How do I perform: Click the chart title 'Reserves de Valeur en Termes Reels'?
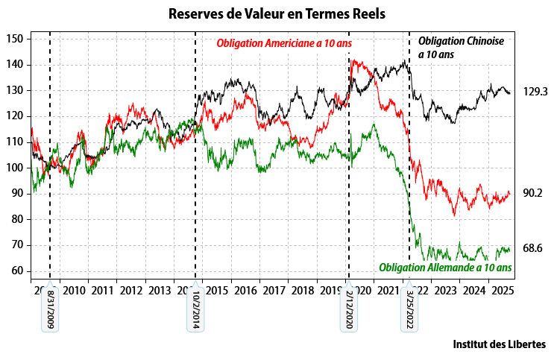coord(277,14)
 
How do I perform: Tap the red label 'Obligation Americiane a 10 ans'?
coord(283,43)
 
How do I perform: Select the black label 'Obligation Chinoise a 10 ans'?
coord(461,47)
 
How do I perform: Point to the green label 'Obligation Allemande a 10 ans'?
coord(445,268)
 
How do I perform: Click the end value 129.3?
coord(535,92)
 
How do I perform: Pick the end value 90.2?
coord(532,193)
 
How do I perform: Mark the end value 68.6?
coord(532,248)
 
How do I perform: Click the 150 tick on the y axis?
coord(16,39)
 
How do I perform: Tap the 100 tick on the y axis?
coord(16,168)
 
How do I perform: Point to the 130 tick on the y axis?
coord(16,90)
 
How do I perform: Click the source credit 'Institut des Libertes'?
coord(499,344)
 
